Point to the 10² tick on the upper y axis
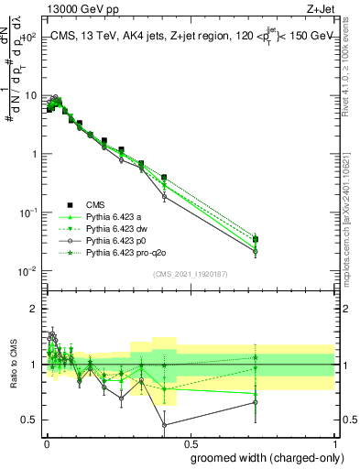coord(31,38)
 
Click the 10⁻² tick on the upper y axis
coord(30,271)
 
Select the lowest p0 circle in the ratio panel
coord(164,425)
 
